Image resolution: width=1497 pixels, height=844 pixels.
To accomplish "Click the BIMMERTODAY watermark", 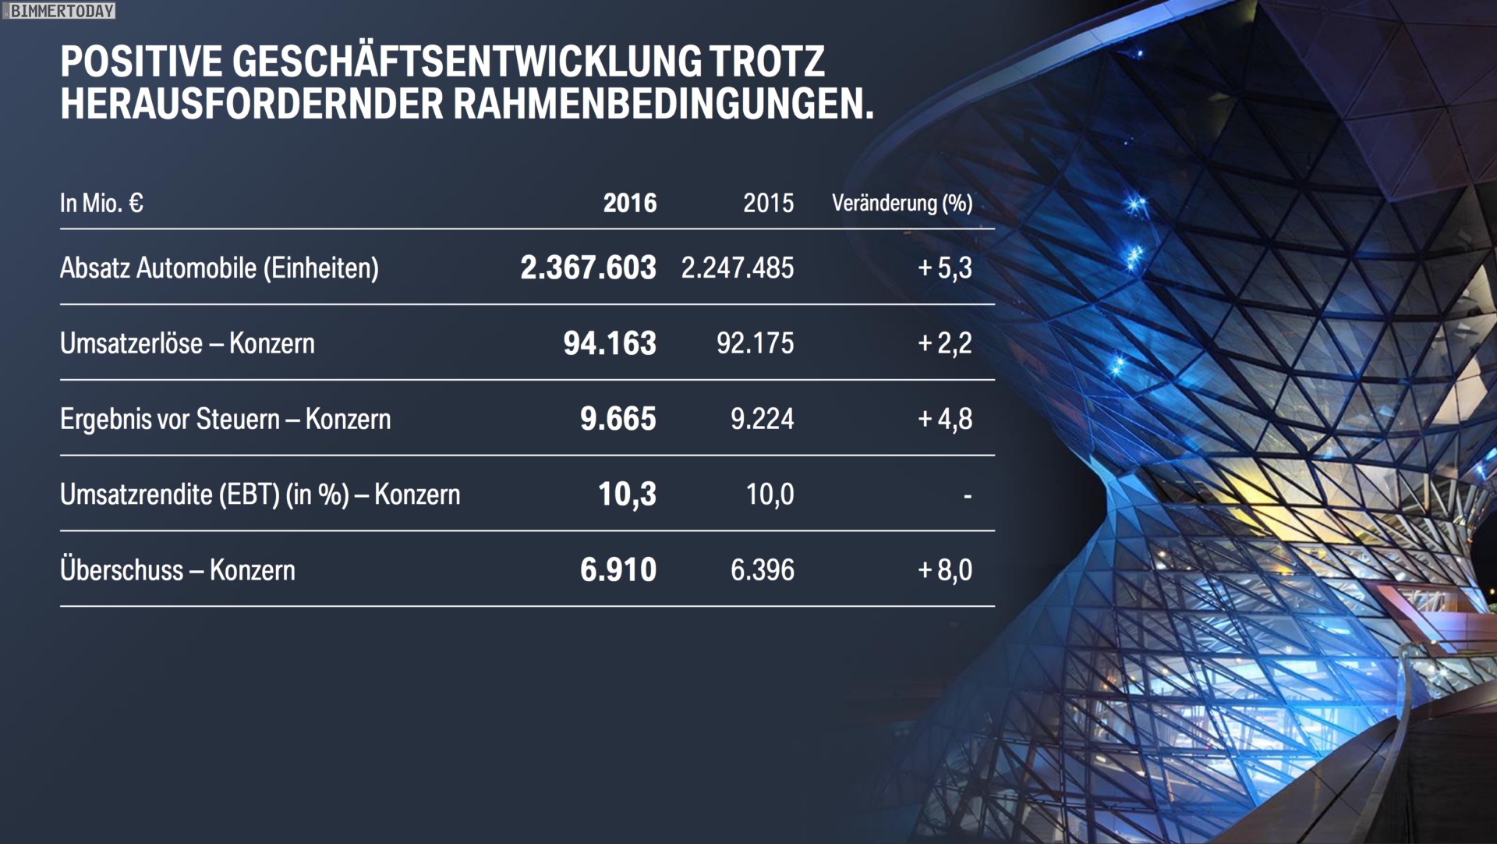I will click(62, 11).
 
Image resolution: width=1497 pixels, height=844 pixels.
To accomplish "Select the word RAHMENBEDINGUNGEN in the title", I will click(664, 105).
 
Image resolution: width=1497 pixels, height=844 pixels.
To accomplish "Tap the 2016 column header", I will click(629, 204).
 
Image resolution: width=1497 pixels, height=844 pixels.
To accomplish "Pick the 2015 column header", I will click(768, 204).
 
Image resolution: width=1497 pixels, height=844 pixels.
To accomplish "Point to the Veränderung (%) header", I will click(901, 204).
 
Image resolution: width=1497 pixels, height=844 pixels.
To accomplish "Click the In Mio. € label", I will click(101, 204).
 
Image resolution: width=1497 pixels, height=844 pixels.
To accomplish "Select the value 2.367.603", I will click(588, 268).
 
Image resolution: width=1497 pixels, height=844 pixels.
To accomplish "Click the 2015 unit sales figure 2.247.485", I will click(738, 268).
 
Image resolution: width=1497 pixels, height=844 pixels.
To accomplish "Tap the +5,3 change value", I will click(945, 268).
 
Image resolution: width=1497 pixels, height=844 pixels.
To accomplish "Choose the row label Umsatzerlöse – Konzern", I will click(187, 343).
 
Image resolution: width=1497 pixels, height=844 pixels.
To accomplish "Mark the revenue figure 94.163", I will click(610, 343).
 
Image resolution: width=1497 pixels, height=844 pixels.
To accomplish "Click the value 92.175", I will click(755, 343).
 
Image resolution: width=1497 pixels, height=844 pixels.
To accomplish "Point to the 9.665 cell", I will click(618, 419).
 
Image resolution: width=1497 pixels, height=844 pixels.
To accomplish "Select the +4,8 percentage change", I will click(945, 419).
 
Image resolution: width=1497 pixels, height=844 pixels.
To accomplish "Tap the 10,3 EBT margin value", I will click(627, 495).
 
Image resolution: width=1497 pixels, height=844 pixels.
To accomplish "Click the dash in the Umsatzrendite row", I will click(968, 496).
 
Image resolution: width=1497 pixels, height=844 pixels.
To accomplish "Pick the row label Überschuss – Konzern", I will click(178, 570).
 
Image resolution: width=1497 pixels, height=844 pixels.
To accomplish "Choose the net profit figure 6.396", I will click(762, 570).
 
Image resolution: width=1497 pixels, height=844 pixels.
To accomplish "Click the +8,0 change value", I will click(945, 570).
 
